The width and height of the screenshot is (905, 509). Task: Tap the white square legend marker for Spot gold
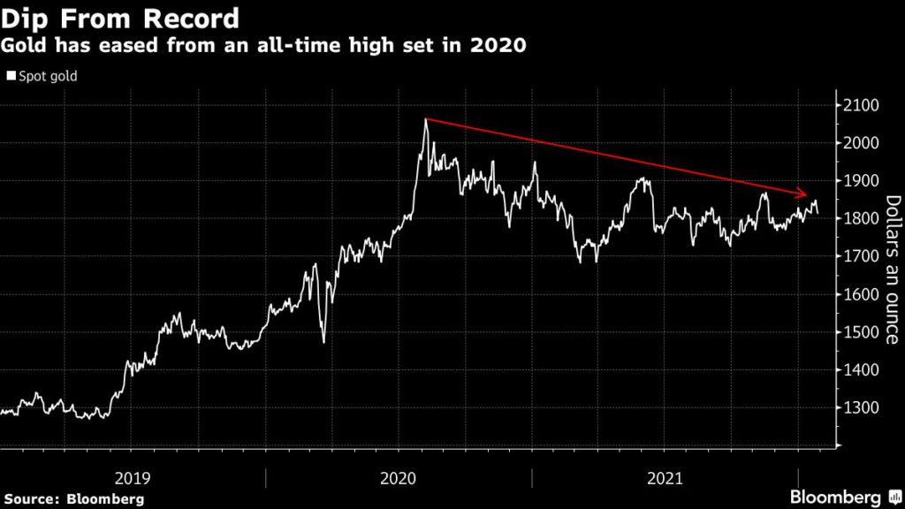[x=11, y=77]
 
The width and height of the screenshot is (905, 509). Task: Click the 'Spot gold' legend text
[x=48, y=77]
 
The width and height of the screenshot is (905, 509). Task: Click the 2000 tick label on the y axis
[x=856, y=143]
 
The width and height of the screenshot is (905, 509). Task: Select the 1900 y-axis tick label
[x=856, y=181]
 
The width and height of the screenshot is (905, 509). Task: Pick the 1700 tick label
[x=856, y=257]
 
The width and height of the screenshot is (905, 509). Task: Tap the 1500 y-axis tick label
[x=856, y=333]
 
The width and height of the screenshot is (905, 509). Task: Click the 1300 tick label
[x=856, y=409]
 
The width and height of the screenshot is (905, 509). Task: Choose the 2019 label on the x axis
[x=133, y=478]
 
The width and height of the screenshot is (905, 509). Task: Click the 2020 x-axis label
[x=399, y=478]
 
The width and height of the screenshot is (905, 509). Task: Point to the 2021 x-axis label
[x=665, y=478]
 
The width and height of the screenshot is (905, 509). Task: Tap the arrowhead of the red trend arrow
[x=802, y=194]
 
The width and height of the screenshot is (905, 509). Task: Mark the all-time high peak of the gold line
[x=425, y=120]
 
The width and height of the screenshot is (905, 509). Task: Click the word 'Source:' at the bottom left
[x=32, y=498]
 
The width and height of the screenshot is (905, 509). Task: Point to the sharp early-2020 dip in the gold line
[x=323, y=341]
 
